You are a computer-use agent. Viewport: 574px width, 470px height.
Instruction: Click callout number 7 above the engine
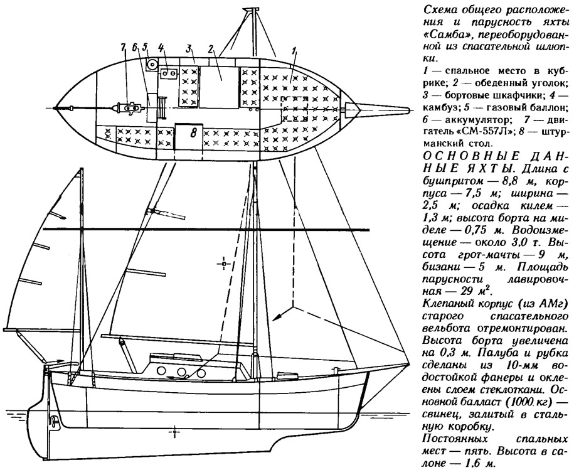(124, 50)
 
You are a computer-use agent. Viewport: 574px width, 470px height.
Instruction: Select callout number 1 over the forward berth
(295, 51)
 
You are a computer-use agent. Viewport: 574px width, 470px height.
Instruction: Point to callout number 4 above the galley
(162, 48)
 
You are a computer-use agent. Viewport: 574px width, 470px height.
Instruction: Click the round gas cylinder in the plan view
(152, 65)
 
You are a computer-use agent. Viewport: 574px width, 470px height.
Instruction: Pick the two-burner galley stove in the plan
(167, 73)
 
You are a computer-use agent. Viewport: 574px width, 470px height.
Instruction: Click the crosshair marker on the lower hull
(175, 432)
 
